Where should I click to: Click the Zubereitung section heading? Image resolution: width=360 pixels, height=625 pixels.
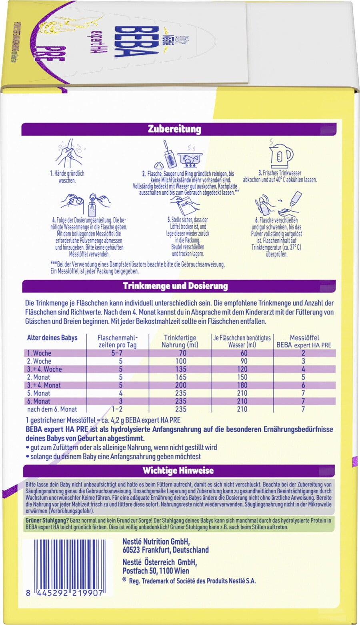pos(174,129)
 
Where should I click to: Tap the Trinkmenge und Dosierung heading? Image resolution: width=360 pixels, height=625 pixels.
pos(175,286)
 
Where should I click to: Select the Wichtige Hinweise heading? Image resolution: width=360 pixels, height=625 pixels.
pos(178,471)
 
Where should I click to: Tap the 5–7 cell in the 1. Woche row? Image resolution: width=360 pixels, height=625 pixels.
pos(120,353)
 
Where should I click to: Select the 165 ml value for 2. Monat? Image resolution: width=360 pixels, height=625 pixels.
pos(180,377)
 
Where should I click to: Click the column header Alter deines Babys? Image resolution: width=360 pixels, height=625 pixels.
pos(52,338)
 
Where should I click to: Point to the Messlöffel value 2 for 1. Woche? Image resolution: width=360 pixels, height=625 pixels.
pos(303,353)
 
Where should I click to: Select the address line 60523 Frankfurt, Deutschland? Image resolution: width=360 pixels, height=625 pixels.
pos(165,550)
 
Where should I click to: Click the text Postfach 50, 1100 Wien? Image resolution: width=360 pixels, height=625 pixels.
pos(156,571)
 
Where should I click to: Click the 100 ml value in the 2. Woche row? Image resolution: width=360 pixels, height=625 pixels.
pos(180,361)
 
